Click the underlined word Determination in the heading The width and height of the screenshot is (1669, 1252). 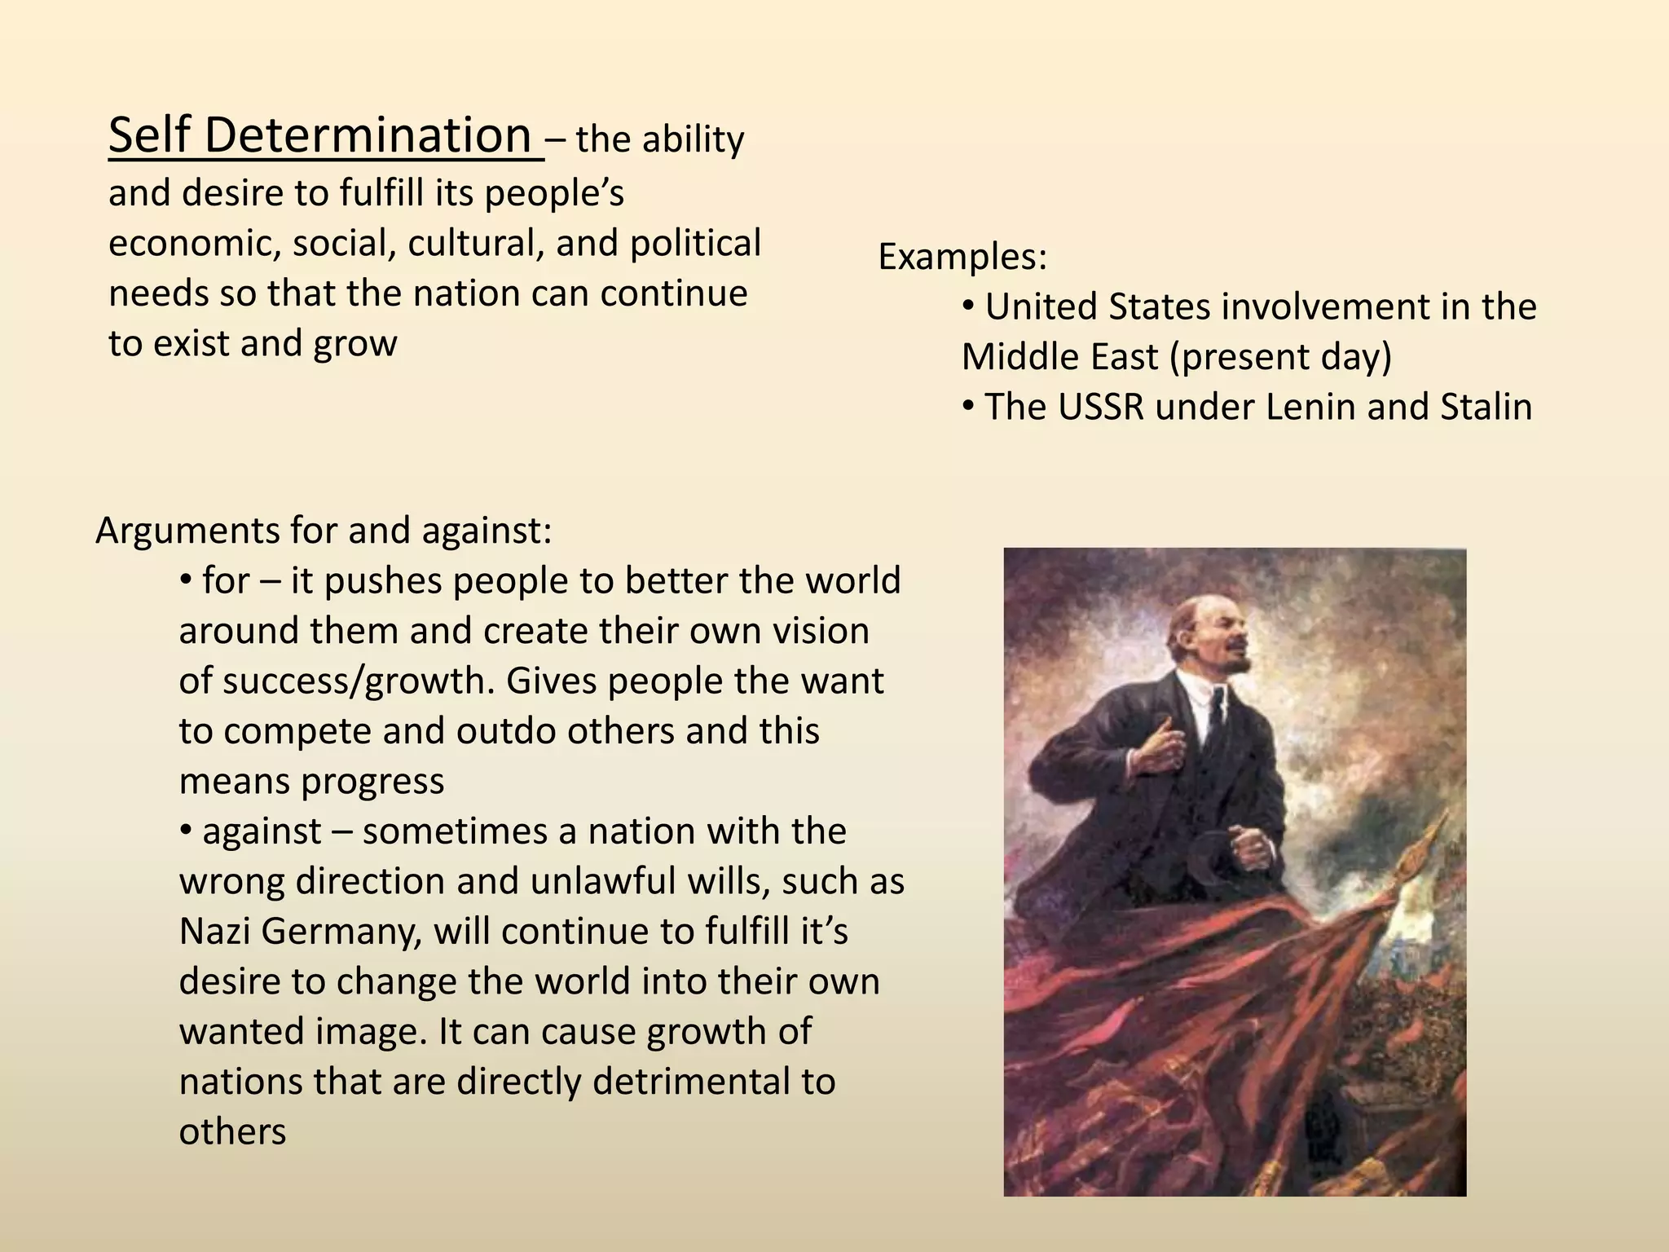(x=368, y=135)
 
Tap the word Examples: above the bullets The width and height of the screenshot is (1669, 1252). (x=962, y=258)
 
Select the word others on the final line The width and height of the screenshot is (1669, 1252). (x=232, y=1132)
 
